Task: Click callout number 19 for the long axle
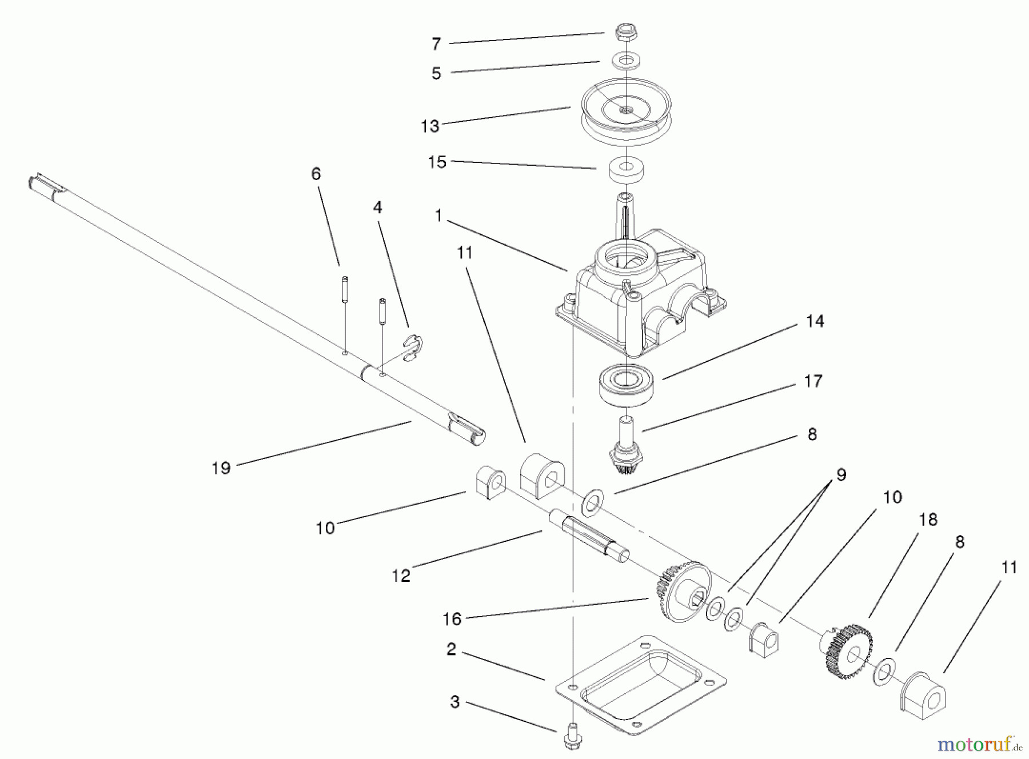click(221, 468)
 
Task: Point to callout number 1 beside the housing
click(438, 216)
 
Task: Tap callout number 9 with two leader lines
click(841, 475)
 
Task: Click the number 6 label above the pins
click(316, 174)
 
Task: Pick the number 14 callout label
click(815, 321)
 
